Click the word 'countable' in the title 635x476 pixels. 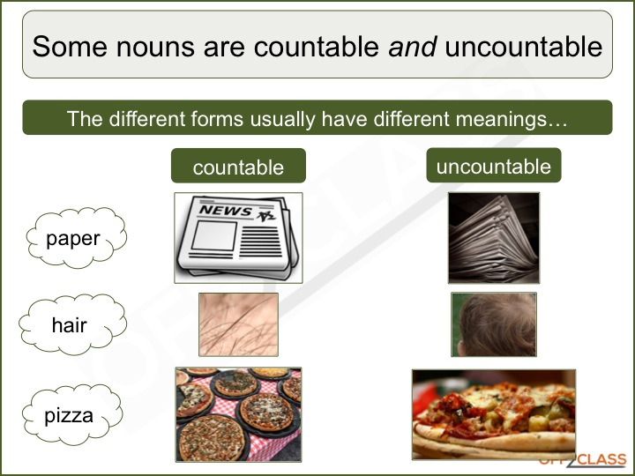[x=313, y=46]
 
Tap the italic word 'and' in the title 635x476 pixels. [x=413, y=46]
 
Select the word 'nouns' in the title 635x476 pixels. [x=150, y=46]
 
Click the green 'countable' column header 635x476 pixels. [x=238, y=167]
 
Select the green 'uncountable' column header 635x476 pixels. [x=493, y=166]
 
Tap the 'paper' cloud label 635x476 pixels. [x=73, y=238]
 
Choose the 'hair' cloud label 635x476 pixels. [x=69, y=325]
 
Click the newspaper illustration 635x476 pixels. [x=238, y=237]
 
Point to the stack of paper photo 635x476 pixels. [x=493, y=237]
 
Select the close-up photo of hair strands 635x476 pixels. [x=238, y=324]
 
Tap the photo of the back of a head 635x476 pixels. [x=493, y=324]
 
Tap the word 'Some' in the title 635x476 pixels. [x=69, y=46]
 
